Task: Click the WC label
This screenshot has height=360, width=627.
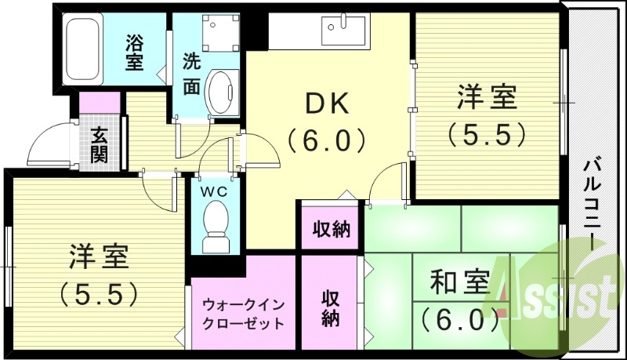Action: [214, 190]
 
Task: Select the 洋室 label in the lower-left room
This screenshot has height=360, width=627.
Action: [99, 257]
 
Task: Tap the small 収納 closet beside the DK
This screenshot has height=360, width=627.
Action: [332, 230]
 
